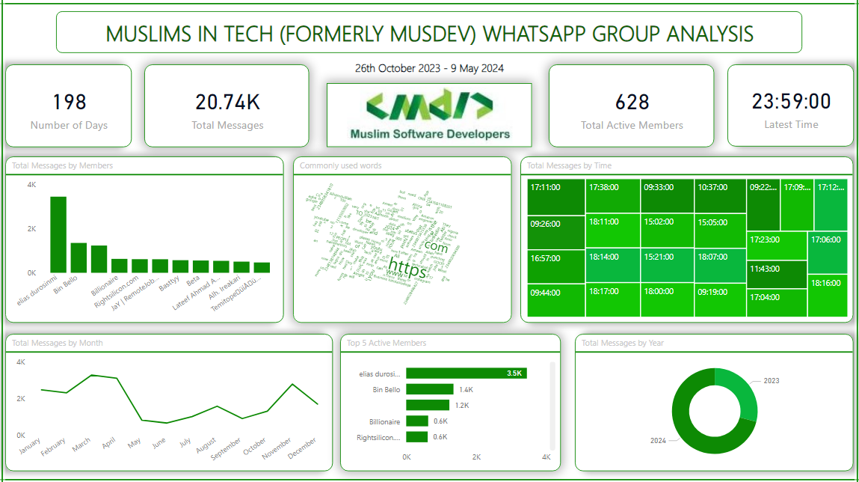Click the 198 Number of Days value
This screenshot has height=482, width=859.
click(69, 102)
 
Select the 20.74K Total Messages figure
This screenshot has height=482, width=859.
click(227, 102)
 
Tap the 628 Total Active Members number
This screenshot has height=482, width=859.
click(632, 102)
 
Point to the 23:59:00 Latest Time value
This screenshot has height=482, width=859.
click(791, 101)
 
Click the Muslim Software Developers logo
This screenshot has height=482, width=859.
click(429, 115)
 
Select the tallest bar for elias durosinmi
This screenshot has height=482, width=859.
click(58, 234)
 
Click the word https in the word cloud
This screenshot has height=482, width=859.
click(407, 267)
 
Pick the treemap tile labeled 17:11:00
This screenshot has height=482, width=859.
click(556, 196)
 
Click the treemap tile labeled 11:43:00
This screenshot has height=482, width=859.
click(777, 274)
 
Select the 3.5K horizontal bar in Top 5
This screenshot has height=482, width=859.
click(467, 373)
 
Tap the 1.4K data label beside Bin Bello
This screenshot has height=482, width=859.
click(466, 389)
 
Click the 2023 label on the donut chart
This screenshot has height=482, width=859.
click(771, 380)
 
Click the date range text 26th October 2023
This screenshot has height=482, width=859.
click(397, 68)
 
